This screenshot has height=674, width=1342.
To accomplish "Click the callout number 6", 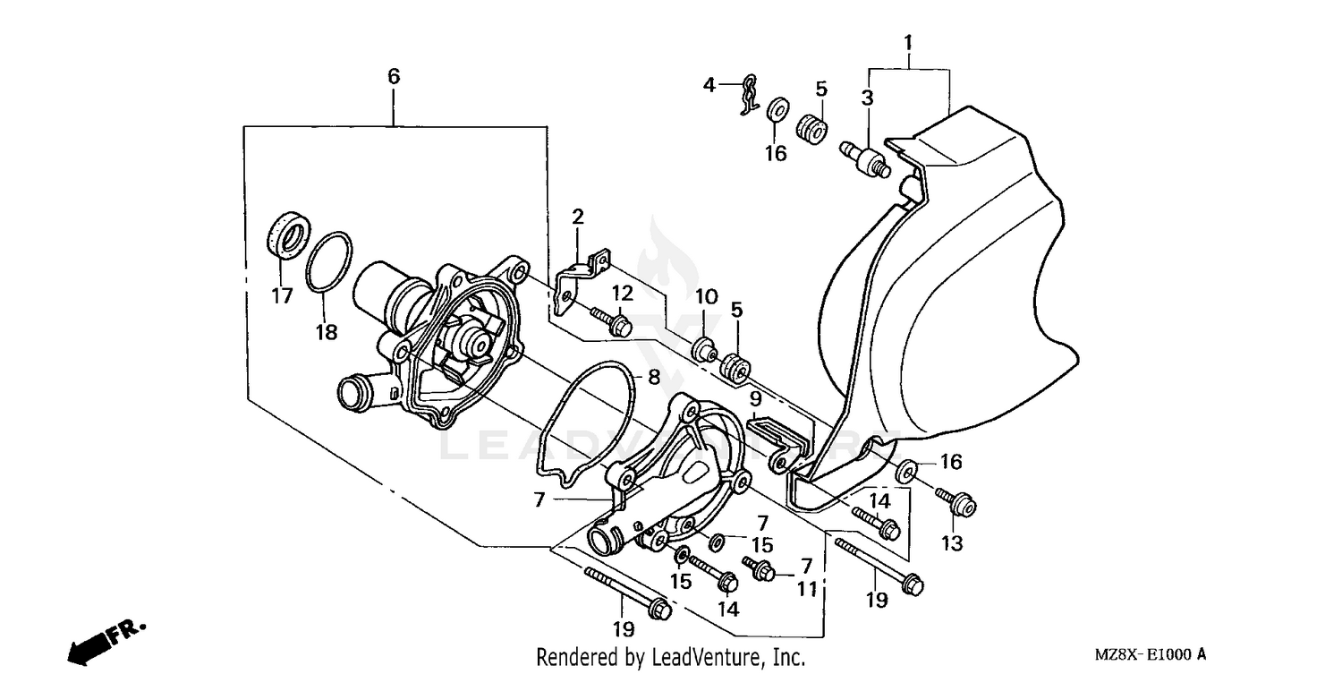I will pos(394,77).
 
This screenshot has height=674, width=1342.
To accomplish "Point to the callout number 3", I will pos(867,99).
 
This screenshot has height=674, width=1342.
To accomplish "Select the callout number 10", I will pos(707,296).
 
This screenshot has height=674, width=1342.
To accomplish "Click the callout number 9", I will pos(755,397).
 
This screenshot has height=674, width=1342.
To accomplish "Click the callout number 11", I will pos(807,590).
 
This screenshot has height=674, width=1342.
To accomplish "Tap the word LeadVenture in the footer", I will pos(707,658).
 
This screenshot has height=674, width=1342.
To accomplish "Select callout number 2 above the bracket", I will pos(578,216).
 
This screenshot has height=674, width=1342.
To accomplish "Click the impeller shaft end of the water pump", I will pos(473,341).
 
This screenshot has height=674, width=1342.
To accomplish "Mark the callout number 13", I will pos(951,543).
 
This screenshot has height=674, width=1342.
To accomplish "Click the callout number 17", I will pos(283,295).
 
